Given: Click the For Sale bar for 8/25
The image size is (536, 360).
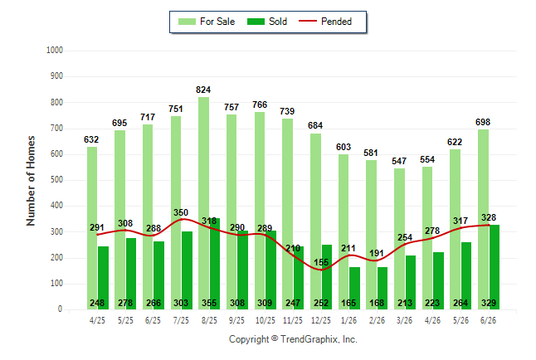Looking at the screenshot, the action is [204, 203].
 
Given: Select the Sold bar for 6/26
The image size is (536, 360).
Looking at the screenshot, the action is [494, 267].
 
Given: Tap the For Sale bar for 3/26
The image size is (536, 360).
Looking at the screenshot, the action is [399, 239].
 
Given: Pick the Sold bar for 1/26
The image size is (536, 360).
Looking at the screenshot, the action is [354, 288].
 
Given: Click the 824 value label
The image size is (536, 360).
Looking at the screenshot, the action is [203, 90].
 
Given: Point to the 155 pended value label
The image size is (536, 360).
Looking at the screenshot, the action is [321, 262].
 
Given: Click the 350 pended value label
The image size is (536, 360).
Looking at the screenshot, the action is [181, 212].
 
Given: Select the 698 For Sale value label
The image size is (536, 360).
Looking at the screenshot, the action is [483, 122].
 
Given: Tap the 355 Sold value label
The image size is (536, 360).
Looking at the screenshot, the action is [209, 303].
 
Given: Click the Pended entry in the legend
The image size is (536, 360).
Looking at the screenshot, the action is [325, 22].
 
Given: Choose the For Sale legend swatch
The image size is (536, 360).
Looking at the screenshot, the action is [187, 22].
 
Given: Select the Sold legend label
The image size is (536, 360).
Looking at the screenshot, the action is [278, 22].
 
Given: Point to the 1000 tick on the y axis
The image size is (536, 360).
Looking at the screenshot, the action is [55, 51].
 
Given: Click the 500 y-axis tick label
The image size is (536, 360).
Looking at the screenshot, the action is [56, 179].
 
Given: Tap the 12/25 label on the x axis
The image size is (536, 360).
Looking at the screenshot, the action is [321, 320].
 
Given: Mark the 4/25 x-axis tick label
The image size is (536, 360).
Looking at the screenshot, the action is [97, 320].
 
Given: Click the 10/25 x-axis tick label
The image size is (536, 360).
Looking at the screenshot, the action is [265, 320].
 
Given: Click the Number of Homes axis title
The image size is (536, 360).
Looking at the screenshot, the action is [31, 181].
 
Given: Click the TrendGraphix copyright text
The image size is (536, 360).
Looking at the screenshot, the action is [293, 339].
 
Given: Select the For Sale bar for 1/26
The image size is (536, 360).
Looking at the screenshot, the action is [344, 231].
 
